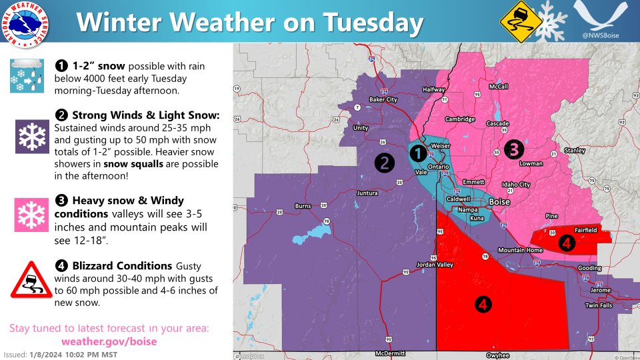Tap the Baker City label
pos(383,100)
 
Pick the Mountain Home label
pos(517,250)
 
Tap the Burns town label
pos(303,206)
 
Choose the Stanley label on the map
pos(574,151)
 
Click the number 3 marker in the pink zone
pos(513,149)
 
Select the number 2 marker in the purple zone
pos(384,162)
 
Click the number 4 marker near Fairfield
pos(566,243)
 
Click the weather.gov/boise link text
pos(109,341)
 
